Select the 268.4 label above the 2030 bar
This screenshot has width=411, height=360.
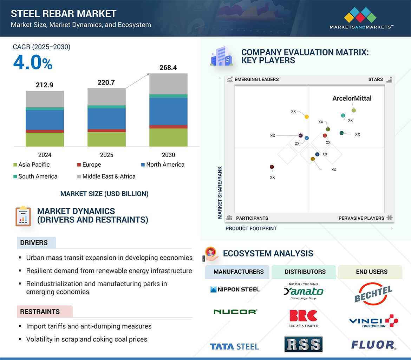(168, 67)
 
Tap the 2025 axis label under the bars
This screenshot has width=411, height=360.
(106, 155)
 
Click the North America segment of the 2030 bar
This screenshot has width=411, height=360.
(168, 111)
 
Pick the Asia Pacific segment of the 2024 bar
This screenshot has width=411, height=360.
(45, 139)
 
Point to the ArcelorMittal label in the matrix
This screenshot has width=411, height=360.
(352, 99)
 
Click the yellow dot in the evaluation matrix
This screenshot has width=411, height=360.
(307, 116)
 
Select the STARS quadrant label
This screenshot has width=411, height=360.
(376, 79)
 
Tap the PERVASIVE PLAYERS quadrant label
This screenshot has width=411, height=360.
(361, 218)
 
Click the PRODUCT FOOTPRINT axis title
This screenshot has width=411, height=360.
(251, 228)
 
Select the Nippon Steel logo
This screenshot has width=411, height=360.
(235, 289)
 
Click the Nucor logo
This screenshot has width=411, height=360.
(235, 312)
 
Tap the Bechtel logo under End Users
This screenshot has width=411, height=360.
(373, 293)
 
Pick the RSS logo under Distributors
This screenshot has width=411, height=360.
(303, 344)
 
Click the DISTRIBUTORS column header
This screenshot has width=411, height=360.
(305, 272)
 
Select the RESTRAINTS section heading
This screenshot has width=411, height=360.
(40, 312)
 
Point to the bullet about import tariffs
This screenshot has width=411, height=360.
(89, 326)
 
